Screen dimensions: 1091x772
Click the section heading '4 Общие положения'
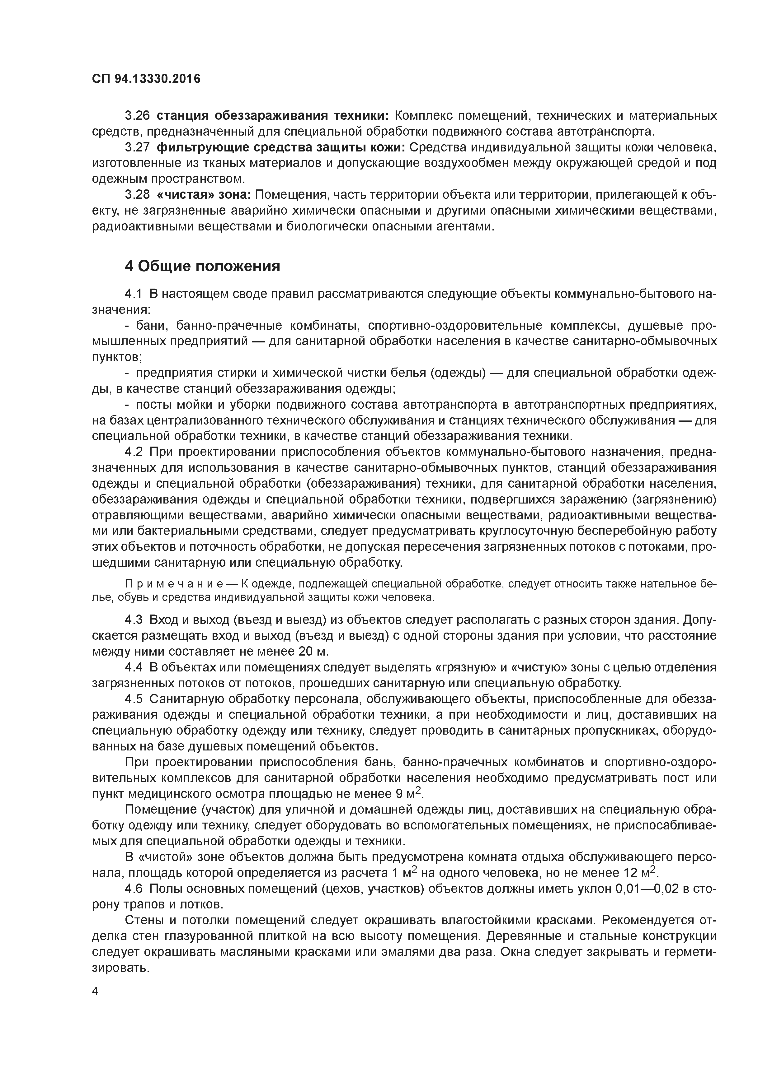tap(202, 266)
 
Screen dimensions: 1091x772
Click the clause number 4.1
tap(134, 294)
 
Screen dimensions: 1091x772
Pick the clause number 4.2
tap(134, 451)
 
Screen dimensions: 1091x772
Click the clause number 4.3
tap(134, 620)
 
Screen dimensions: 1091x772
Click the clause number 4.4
tap(134, 667)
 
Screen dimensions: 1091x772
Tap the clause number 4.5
tap(134, 699)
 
